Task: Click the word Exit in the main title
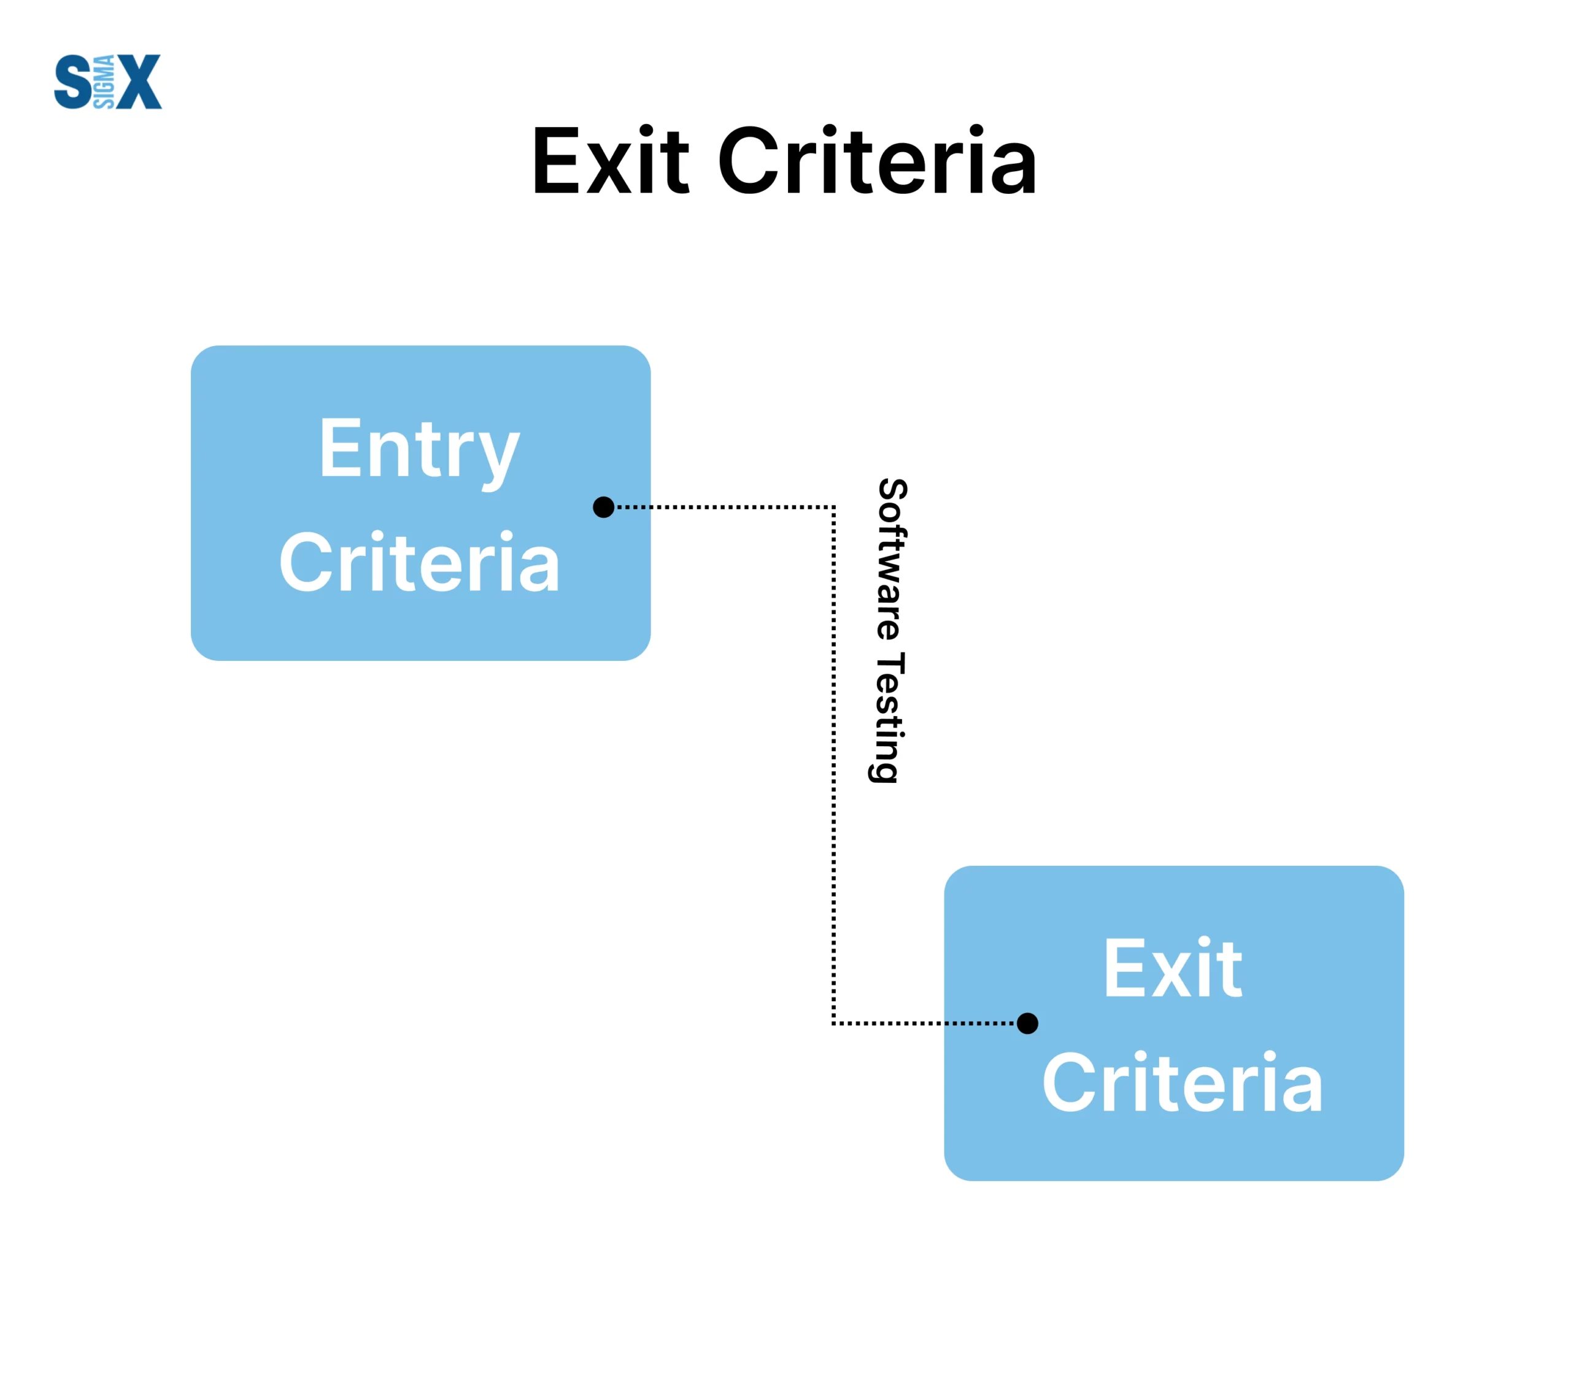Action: tap(611, 161)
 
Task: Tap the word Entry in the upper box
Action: tap(420, 451)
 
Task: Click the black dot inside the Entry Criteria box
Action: tap(603, 507)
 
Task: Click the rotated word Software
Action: tap(892, 560)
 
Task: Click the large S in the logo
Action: tap(73, 82)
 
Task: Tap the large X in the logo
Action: tap(138, 82)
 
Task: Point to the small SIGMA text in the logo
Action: tap(104, 82)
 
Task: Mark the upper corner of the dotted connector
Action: tap(834, 507)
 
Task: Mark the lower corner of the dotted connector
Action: tap(834, 1023)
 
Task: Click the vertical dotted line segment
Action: tap(834, 765)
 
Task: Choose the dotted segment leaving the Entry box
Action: tap(725, 507)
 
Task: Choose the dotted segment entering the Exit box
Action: tap(925, 1023)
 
